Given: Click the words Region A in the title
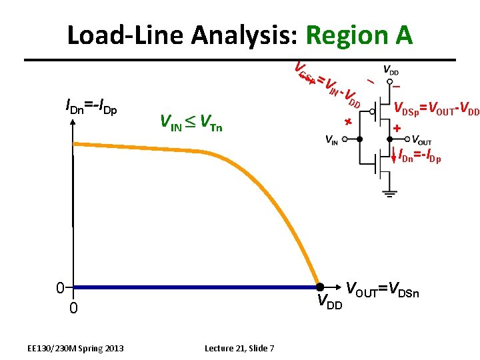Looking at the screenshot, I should click(x=358, y=35).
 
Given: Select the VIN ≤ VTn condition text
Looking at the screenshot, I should click(x=191, y=122).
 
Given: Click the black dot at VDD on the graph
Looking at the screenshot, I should click(x=319, y=287).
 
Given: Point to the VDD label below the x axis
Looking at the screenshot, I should click(x=329, y=304).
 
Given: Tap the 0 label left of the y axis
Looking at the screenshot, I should click(x=60, y=288).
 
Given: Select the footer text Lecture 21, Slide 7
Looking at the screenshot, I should click(x=244, y=348).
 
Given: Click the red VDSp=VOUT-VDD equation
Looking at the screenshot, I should click(x=436, y=109).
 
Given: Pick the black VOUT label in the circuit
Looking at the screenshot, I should click(x=421, y=140).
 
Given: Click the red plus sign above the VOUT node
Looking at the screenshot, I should click(x=397, y=127).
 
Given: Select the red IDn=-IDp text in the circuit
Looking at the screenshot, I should click(x=420, y=157).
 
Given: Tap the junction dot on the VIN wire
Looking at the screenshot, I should click(x=360, y=139).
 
